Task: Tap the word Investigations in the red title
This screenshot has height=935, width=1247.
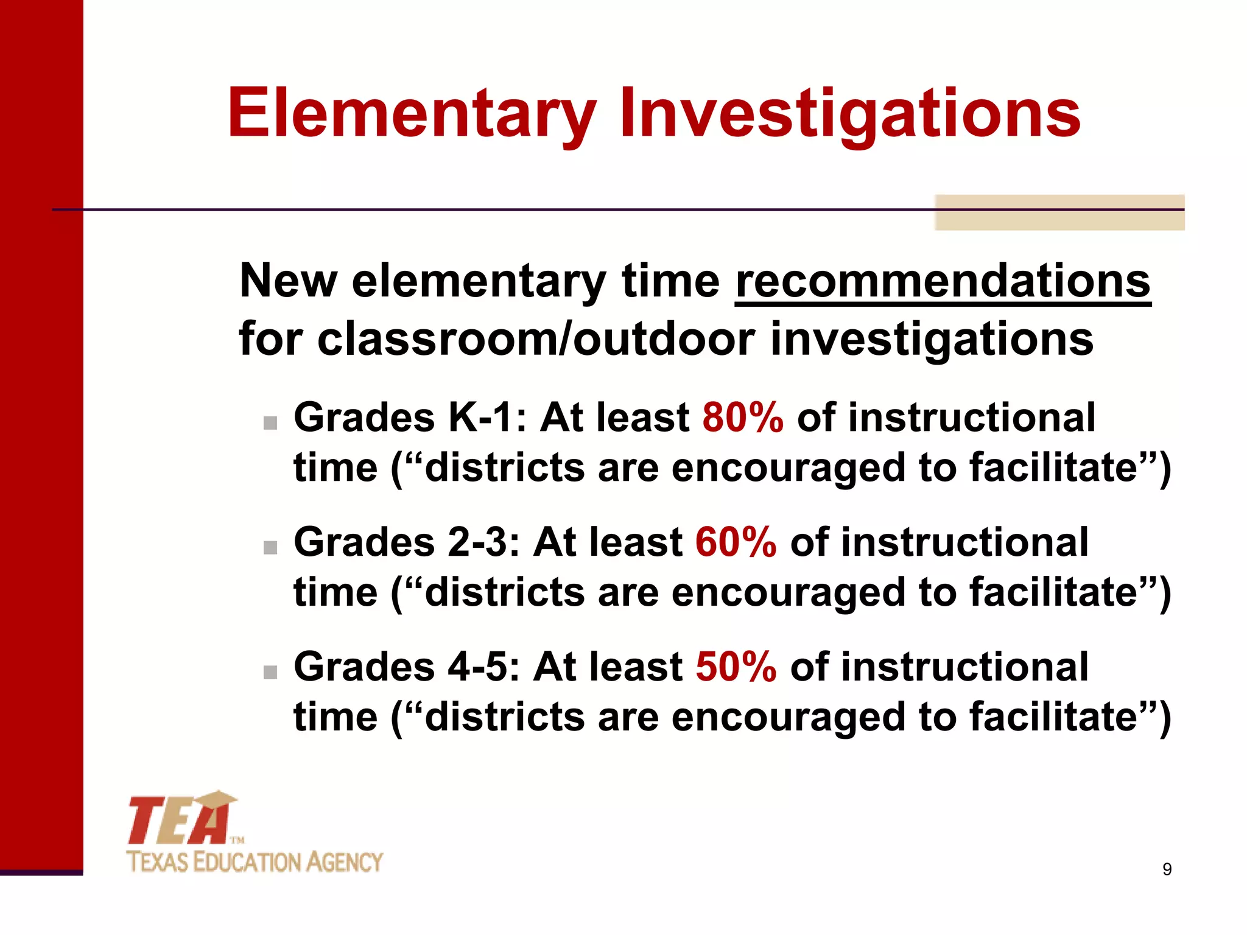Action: click(x=850, y=114)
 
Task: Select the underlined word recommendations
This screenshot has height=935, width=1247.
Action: click(x=943, y=281)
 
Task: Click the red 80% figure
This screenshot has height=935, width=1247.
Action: click(x=743, y=418)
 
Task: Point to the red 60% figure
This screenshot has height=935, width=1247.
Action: click(x=736, y=543)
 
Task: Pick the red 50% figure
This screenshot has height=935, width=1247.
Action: click(x=736, y=667)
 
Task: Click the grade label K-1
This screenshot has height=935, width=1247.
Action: click(x=480, y=418)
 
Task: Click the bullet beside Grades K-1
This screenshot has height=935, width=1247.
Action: click(x=270, y=423)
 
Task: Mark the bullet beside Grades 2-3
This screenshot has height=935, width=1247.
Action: click(x=270, y=548)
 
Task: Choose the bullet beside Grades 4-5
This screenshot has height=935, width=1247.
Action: click(x=270, y=672)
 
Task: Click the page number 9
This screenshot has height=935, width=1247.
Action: click(x=1167, y=869)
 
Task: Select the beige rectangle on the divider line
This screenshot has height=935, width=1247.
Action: click(x=1059, y=212)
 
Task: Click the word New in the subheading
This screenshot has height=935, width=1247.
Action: click(x=288, y=281)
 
